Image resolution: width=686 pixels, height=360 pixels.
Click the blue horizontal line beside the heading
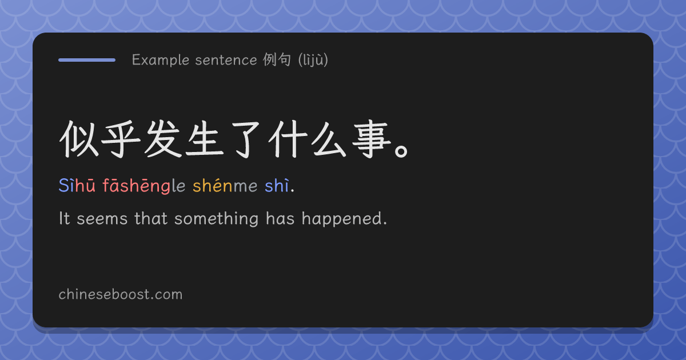pyautogui.click(x=87, y=60)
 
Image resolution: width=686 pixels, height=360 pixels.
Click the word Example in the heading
pyautogui.click(x=161, y=60)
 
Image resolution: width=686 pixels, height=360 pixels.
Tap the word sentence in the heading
pyautogui.click(x=226, y=60)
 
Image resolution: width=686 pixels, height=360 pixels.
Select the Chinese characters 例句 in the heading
pyautogui.click(x=277, y=59)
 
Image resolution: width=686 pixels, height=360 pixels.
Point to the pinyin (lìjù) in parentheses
pyautogui.click(x=313, y=59)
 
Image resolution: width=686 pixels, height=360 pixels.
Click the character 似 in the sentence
pyautogui.click(x=79, y=139)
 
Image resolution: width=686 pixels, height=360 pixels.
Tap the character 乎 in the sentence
pyautogui.click(x=121, y=139)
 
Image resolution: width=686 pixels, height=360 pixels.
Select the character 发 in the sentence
pyautogui.click(x=162, y=139)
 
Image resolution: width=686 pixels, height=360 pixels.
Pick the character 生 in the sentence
pyautogui.click(x=205, y=139)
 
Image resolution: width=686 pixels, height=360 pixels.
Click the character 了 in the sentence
pyautogui.click(x=246, y=139)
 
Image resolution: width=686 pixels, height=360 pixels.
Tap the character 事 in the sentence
pyautogui.click(x=372, y=139)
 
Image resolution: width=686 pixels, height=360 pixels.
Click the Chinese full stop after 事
pyautogui.click(x=401, y=151)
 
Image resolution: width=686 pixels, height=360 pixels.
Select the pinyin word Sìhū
pyautogui.click(x=77, y=186)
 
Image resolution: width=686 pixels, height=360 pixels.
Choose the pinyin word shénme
pyautogui.click(x=225, y=186)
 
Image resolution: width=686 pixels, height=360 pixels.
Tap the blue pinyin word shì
pyautogui.click(x=277, y=186)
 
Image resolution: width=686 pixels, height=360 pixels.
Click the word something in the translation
pyautogui.click(x=217, y=219)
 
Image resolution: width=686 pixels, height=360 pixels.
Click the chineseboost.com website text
pyautogui.click(x=121, y=294)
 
